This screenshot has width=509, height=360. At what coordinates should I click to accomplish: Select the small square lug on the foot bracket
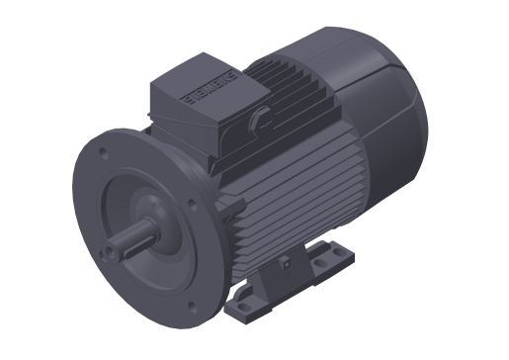coord(285,265)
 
